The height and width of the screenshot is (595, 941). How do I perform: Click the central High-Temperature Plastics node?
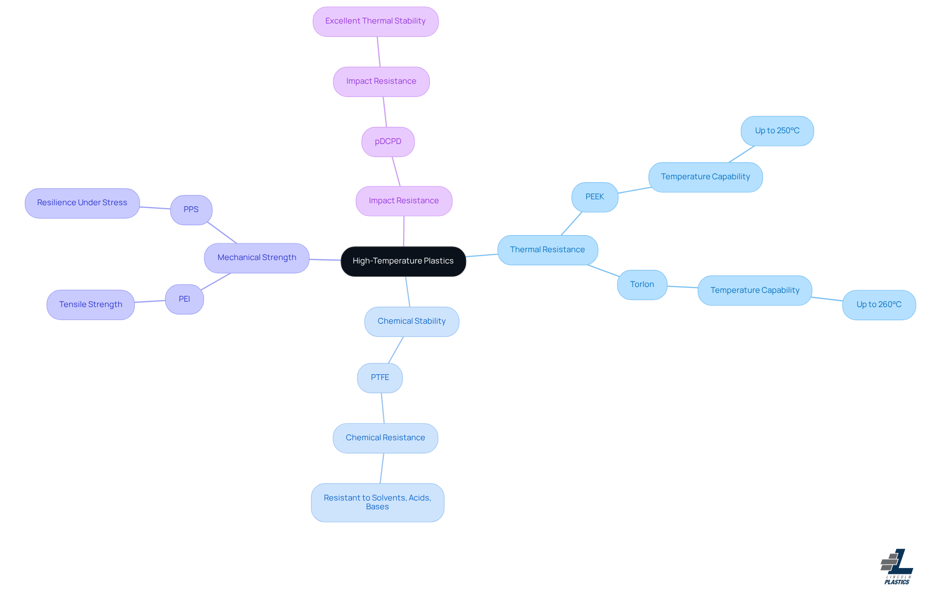403,261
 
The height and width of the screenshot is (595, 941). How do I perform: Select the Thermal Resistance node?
547,250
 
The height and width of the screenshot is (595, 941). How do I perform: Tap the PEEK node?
594,197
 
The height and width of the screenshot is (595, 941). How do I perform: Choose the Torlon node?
642,285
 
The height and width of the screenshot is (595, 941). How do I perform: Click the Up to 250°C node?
777,131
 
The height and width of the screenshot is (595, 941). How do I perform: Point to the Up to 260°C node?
879,305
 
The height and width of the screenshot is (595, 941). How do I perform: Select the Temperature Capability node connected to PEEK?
705,177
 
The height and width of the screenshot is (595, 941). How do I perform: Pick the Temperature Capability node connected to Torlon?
755,290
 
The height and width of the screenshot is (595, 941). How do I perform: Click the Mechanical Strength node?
257,258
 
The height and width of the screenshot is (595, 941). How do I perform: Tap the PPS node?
191,210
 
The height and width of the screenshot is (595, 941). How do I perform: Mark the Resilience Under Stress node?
82,203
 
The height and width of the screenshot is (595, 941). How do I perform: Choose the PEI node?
184,299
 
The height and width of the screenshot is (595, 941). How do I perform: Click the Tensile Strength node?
91,305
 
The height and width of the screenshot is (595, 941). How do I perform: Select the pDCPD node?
388,142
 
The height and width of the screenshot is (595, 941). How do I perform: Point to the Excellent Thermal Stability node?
375,21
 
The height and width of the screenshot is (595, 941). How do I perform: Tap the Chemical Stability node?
412,321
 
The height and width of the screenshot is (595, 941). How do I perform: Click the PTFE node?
380,378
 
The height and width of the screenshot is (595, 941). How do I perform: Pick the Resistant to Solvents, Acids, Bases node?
377,502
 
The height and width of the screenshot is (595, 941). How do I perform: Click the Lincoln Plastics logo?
897,567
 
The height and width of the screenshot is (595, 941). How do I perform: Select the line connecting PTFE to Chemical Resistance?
383,408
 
